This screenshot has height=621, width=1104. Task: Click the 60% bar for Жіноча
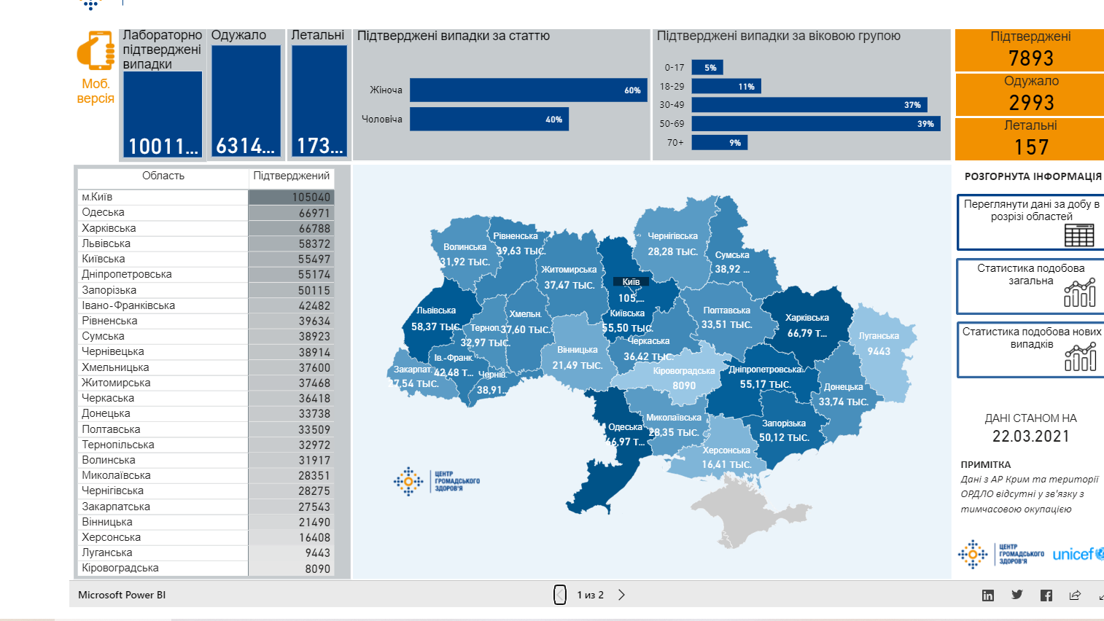528,90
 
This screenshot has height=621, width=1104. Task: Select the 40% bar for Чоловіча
489,120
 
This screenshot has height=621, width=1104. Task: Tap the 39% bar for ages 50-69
815,124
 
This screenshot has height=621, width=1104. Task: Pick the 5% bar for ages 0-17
707,68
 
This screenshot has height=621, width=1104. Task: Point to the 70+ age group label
675,143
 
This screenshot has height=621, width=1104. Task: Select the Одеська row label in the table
104,212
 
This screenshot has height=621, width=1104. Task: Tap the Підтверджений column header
291,176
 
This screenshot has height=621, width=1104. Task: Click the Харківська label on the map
806,318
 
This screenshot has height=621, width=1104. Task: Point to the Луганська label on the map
879,336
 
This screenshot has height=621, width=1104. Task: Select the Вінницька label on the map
577,350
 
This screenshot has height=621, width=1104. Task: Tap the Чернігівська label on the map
672,236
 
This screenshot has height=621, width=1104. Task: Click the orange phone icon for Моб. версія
96,50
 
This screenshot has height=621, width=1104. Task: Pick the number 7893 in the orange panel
1030,58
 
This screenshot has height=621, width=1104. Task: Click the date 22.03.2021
1030,437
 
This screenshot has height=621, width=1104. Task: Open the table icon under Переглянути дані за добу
1079,235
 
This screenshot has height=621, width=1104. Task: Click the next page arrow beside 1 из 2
621,595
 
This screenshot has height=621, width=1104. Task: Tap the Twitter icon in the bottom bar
1016,595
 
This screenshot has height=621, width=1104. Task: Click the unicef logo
1077,555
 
